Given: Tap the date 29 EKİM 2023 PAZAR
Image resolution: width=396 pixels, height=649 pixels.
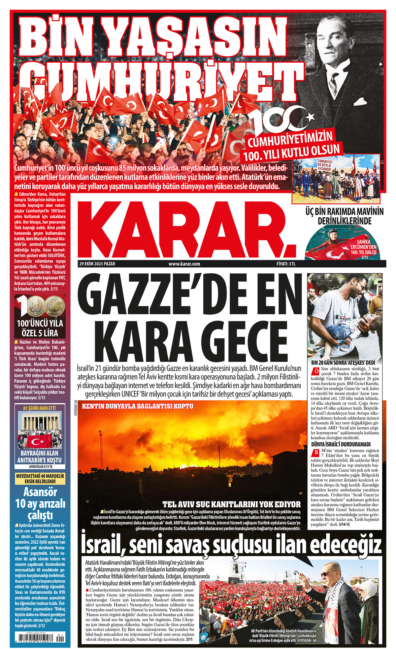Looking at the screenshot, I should pyautogui.click(x=97, y=264).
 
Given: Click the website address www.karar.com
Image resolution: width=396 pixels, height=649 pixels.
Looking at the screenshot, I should pyautogui.click(x=184, y=264).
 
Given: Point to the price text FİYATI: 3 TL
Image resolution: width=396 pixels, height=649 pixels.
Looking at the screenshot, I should pyautogui.click(x=286, y=264).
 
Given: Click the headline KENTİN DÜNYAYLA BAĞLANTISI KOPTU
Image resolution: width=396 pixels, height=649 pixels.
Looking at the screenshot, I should pyautogui.click(x=138, y=406).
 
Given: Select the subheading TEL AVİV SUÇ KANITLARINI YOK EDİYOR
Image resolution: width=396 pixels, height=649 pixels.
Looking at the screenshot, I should pyautogui.click(x=231, y=504).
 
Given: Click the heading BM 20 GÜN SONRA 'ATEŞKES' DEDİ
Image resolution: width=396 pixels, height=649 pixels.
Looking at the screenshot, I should pyautogui.click(x=341, y=362).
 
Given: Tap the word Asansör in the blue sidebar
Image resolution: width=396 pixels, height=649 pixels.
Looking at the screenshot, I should pyautogui.click(x=40, y=493).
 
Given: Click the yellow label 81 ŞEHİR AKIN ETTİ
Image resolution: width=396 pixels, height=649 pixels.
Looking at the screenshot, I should pyautogui.click(x=40, y=408).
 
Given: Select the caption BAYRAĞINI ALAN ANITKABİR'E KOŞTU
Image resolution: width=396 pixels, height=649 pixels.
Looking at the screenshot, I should pyautogui.click(x=40, y=457).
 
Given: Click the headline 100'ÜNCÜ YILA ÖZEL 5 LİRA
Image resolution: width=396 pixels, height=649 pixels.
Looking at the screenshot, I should pyautogui.click(x=40, y=328).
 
